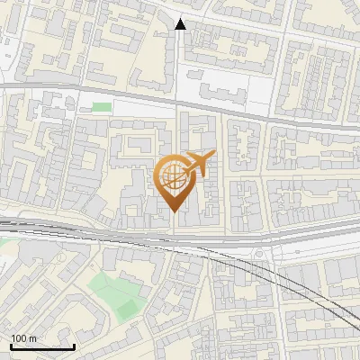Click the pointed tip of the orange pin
173,212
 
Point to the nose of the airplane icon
214,156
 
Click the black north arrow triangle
180,24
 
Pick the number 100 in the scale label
19,338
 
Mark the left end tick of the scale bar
11,346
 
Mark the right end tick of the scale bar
75,346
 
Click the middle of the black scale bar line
42,347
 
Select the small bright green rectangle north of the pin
103,107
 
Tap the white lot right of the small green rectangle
144,108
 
